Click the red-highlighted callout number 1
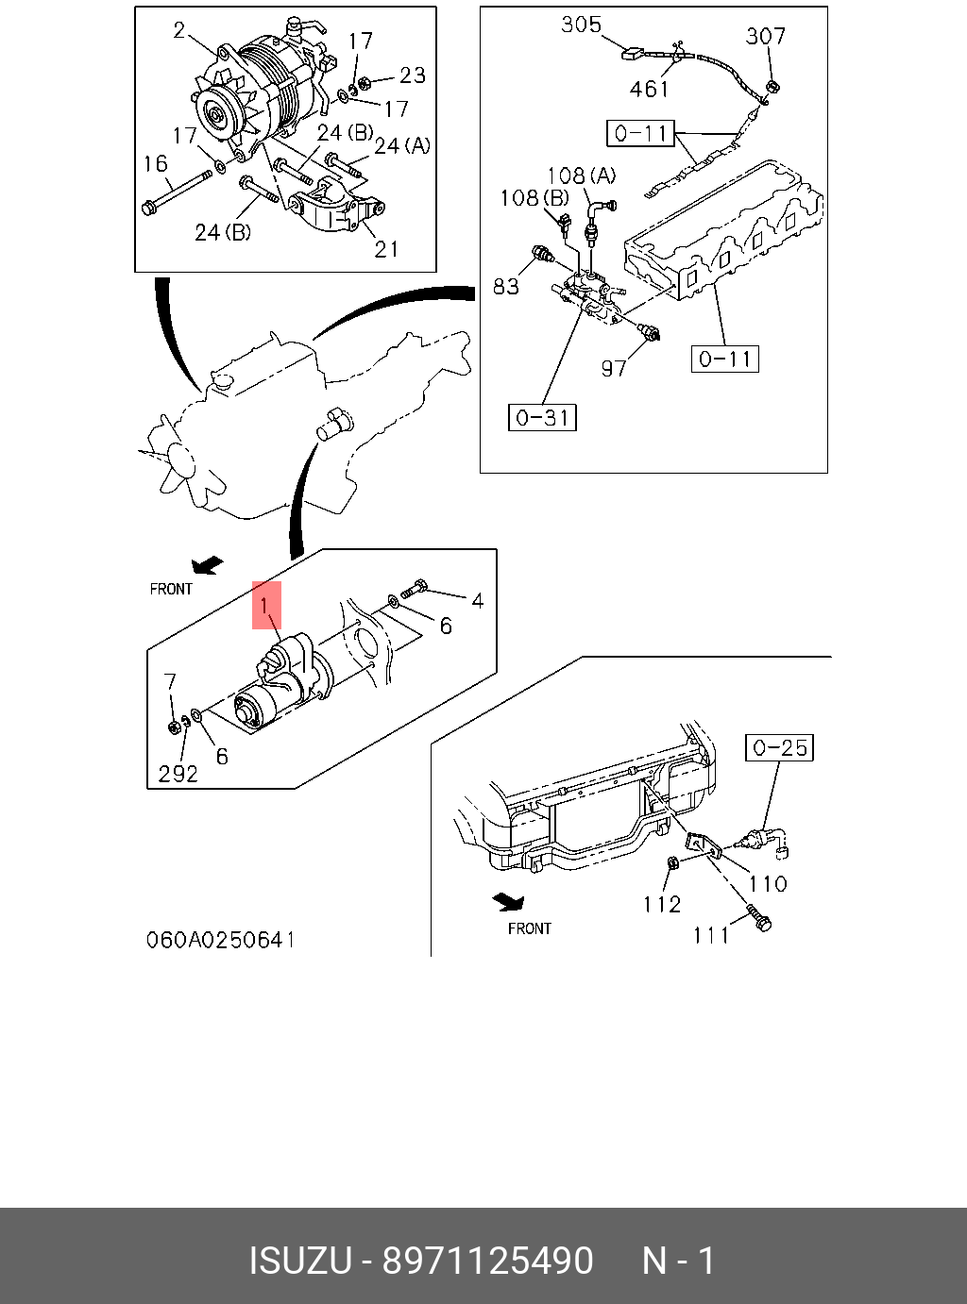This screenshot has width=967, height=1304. [266, 605]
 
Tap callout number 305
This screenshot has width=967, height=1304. [581, 25]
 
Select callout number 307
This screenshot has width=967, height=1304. [765, 37]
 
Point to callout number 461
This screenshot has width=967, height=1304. [649, 90]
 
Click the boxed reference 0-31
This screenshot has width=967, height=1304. [542, 417]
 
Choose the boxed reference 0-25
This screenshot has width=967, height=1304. [780, 748]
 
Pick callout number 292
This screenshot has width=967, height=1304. [178, 774]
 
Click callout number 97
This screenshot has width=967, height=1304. [614, 368]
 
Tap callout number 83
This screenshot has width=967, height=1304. [506, 286]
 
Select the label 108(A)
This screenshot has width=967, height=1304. [581, 176]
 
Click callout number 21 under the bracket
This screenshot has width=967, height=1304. [386, 249]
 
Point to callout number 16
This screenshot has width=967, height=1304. [156, 164]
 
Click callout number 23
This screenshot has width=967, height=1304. [412, 75]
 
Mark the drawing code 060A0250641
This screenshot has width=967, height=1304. [220, 940]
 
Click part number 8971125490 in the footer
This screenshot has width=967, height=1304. [487, 1261]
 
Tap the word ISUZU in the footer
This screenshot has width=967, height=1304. [299, 1261]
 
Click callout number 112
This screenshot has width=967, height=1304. [661, 904]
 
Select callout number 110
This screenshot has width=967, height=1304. [768, 884]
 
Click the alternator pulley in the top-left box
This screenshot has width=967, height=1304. [215, 117]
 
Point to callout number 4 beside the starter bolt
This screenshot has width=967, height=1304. [478, 601]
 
